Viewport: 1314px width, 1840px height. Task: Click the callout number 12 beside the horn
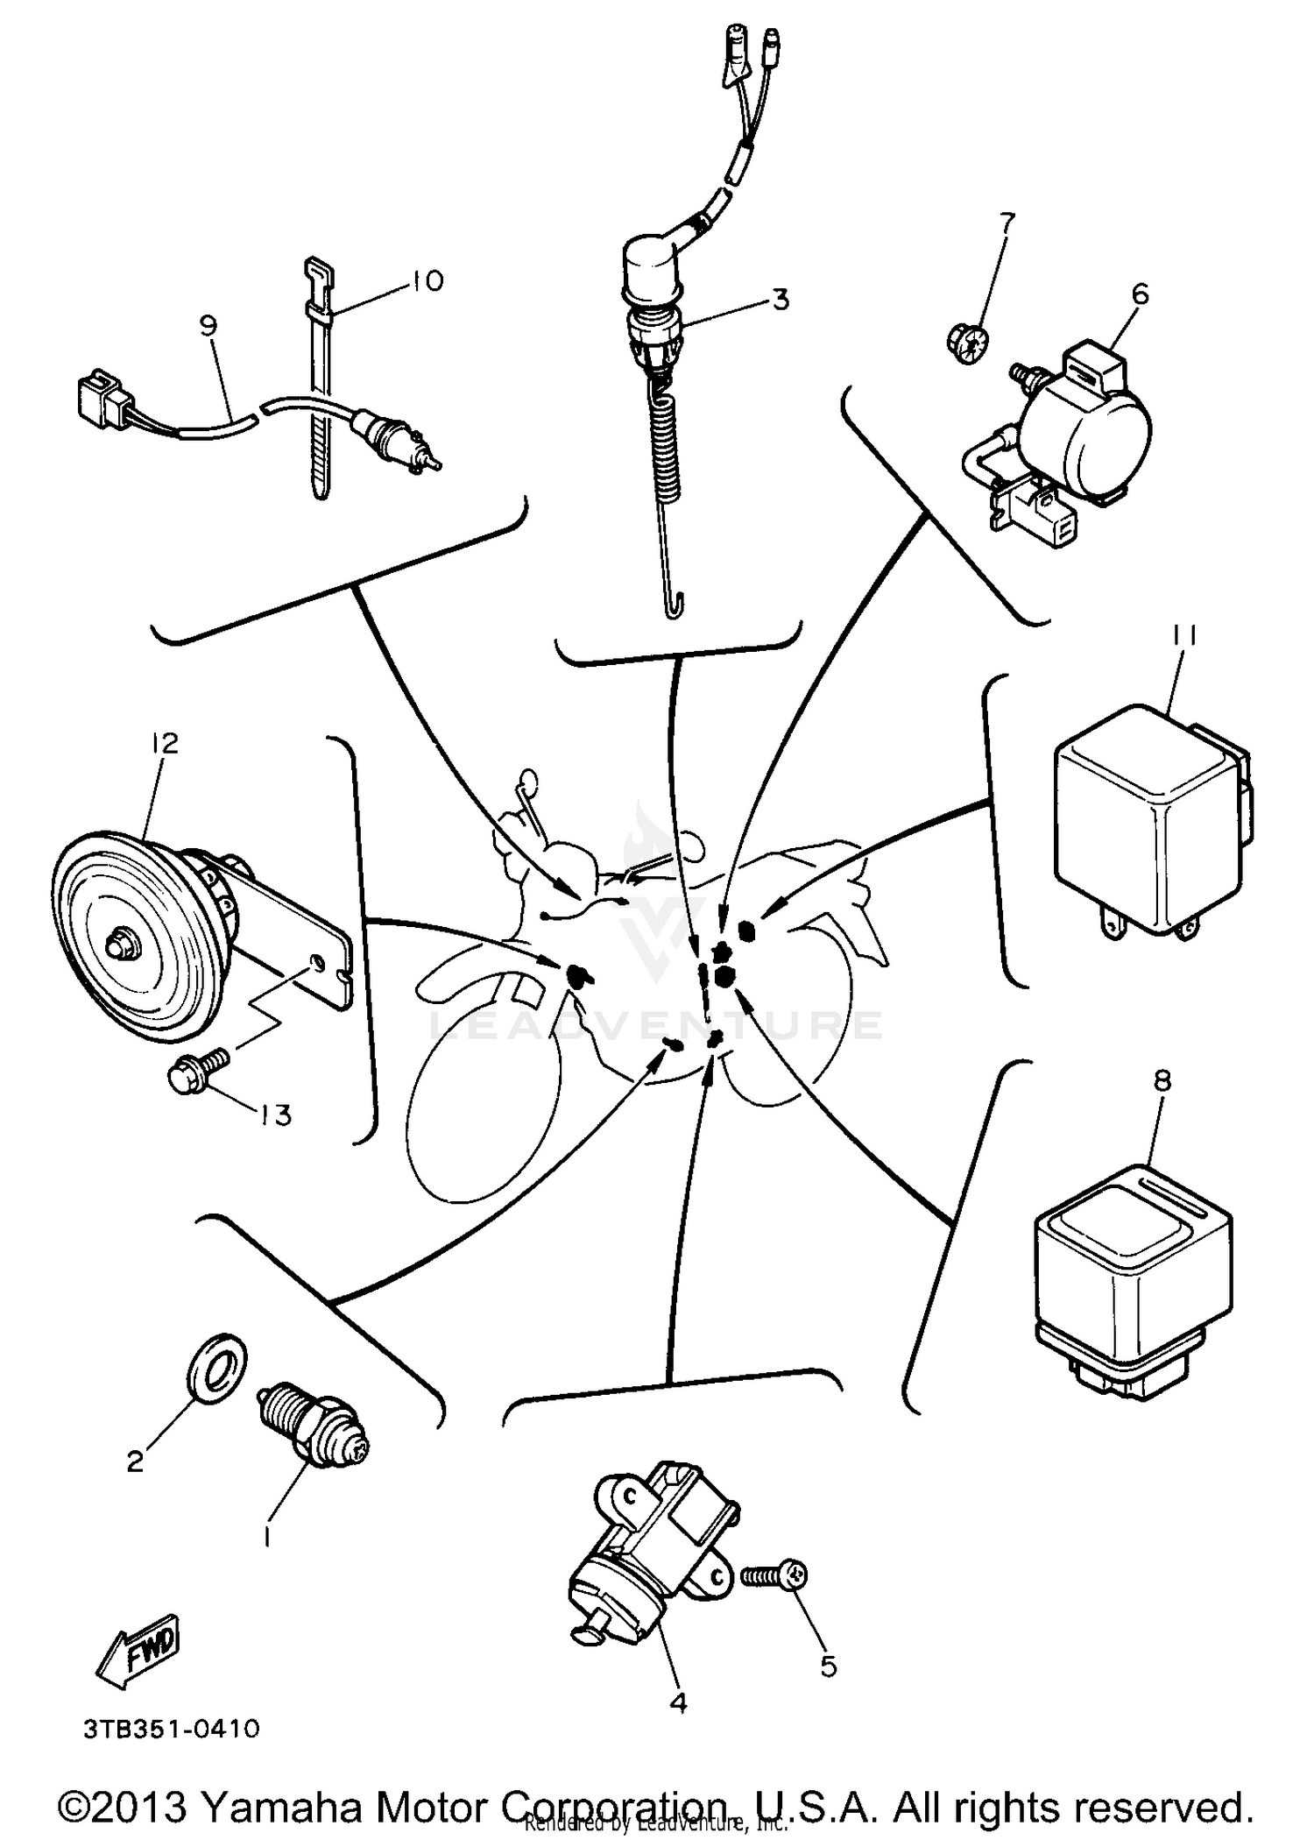click(x=165, y=744)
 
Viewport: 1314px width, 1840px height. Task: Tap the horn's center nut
click(x=115, y=945)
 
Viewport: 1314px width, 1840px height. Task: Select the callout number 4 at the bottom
click(x=677, y=1702)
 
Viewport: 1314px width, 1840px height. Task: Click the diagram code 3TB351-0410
click(x=172, y=1730)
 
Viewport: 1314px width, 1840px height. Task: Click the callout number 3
click(x=780, y=300)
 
